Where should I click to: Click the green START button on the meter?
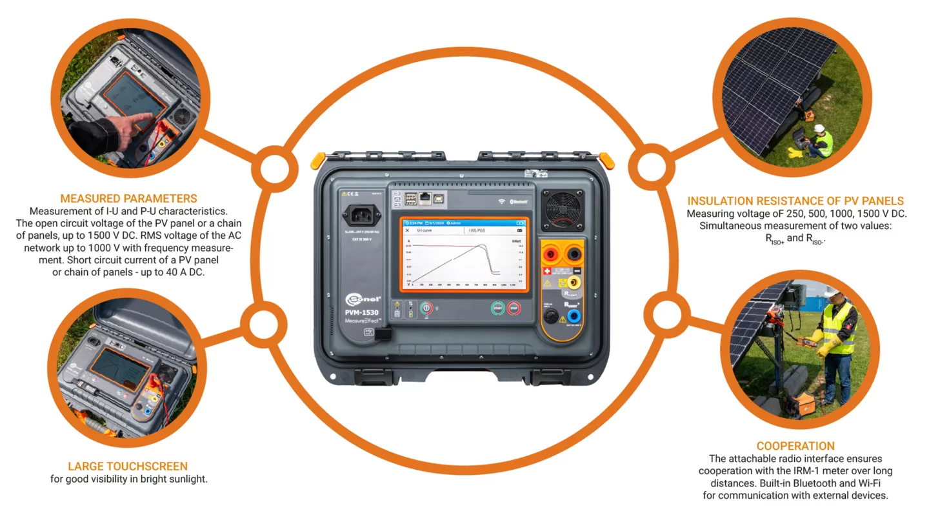[x=497, y=308]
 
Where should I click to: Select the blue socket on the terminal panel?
[x=572, y=316]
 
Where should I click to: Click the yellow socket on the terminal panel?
[x=572, y=282]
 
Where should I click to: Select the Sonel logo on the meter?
[x=363, y=299]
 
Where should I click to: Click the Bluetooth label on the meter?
[x=519, y=201]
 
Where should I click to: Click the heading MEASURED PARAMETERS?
[x=128, y=199]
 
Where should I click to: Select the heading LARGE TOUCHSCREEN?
[x=128, y=466]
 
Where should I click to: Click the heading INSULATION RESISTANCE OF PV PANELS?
[x=795, y=201]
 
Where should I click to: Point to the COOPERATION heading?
[x=795, y=446]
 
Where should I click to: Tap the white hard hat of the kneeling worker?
[x=819, y=128]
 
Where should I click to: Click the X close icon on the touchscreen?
[x=407, y=230]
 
